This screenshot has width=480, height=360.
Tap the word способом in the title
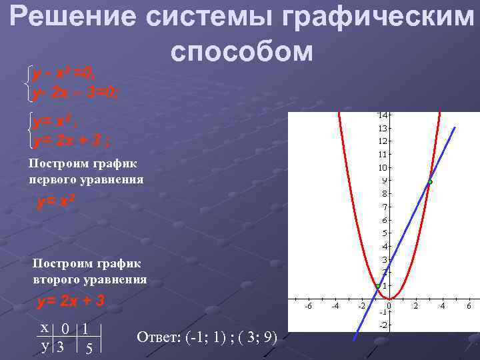click(241, 51)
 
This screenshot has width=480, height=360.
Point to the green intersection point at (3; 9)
click(430, 181)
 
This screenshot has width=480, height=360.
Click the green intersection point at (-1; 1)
click(377, 286)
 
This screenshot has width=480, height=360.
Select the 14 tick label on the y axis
click(384, 115)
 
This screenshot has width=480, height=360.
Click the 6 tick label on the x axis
click(469, 306)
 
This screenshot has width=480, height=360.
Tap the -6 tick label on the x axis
click(307, 306)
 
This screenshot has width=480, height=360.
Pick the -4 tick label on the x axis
click(335, 306)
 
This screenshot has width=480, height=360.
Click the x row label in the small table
click(44, 329)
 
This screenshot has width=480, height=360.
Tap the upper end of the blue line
click(455, 127)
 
